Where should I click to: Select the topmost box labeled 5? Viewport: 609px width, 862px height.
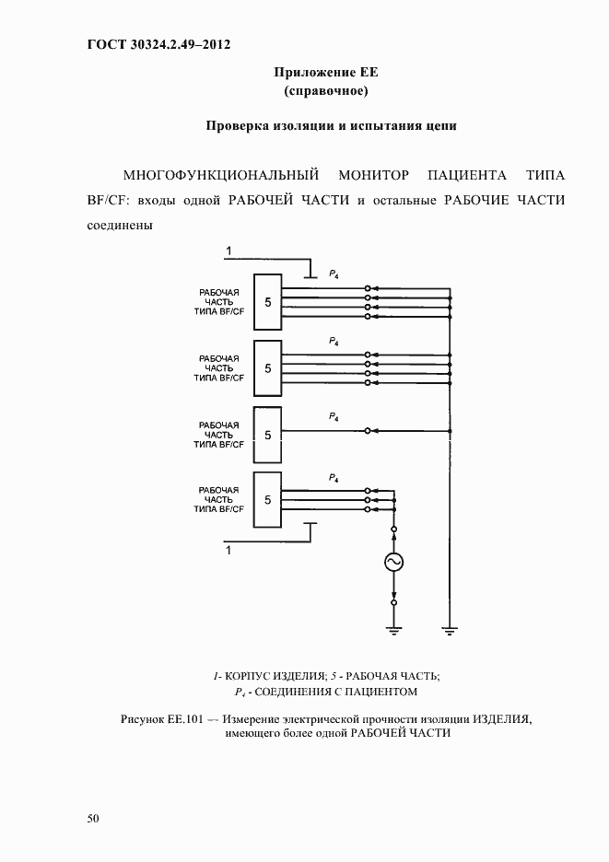(267, 302)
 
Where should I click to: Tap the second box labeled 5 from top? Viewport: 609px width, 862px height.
(267, 368)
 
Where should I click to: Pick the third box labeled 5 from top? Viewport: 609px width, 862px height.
(267, 435)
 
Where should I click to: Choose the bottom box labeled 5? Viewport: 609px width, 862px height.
(267, 500)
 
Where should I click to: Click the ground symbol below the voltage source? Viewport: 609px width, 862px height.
(394, 630)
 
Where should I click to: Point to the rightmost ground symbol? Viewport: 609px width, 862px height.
(450, 630)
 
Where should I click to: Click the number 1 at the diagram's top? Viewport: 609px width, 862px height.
(229, 250)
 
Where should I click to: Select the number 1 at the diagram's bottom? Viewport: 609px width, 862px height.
(229, 550)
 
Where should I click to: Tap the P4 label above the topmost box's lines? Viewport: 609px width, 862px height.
(334, 274)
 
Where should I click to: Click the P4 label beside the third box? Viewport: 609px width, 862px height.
(334, 417)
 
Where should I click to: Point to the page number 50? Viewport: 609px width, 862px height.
(93, 818)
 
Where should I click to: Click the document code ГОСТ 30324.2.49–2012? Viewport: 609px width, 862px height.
(158, 44)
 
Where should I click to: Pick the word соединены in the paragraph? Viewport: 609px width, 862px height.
(120, 224)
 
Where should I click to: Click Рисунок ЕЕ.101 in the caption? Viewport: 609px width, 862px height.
(160, 718)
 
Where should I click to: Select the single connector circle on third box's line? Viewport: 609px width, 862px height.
(368, 430)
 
